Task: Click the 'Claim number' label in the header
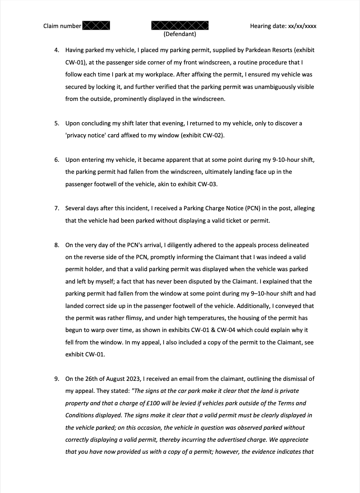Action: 62,26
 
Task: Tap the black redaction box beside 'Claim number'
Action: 96,26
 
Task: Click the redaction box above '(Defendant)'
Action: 180,26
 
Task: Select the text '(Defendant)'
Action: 180,34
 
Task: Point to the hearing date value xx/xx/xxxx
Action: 302,26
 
